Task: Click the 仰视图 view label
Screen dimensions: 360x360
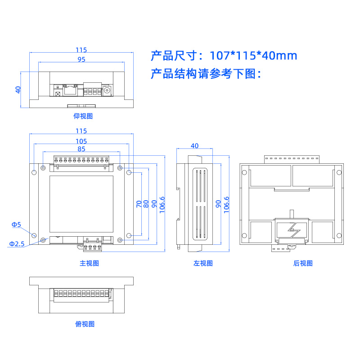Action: coord(83,116)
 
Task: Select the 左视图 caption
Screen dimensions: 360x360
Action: coord(203,263)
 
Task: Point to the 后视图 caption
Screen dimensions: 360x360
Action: coord(303,263)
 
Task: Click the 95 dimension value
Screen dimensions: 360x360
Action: coord(81,59)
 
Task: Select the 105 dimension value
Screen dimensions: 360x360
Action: coord(81,141)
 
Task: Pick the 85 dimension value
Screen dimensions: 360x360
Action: coord(81,149)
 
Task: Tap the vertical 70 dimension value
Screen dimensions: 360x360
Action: coord(139,204)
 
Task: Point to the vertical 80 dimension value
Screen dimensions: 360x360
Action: coord(146,204)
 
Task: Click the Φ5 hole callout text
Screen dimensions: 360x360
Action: coord(16,224)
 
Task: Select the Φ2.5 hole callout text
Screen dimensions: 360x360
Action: coord(17,243)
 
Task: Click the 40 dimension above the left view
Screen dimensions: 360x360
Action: coord(194,146)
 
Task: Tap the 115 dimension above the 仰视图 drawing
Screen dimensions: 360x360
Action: coord(81,50)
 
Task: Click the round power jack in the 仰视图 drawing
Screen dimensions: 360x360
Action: coord(108,90)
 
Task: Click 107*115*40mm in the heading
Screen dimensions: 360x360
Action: coord(254,56)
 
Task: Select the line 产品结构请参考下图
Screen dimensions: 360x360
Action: coord(206,74)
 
